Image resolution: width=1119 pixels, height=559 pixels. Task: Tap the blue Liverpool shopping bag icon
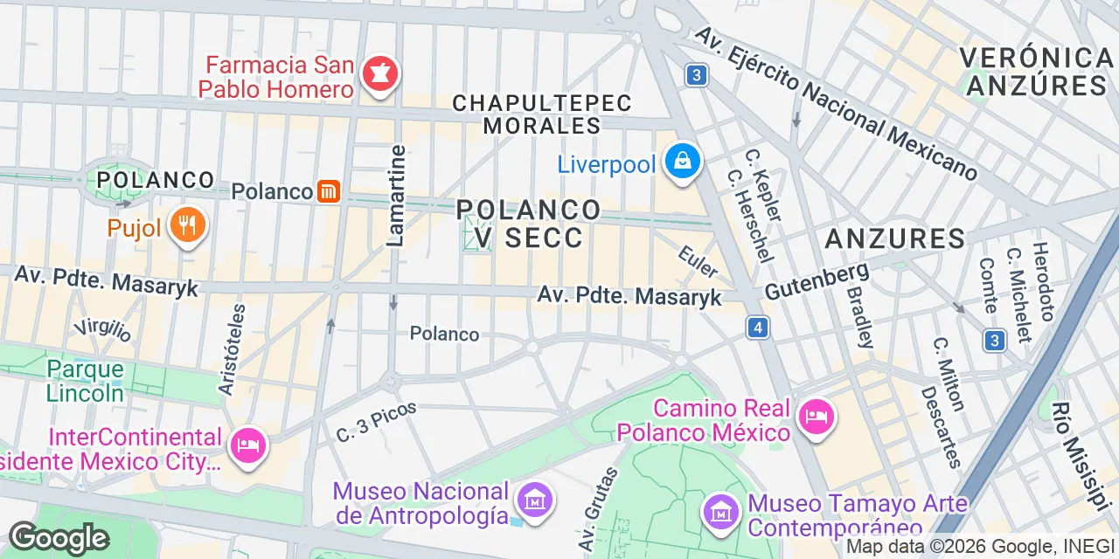coord(680,162)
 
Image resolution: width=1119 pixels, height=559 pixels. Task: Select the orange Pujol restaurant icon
coord(188,226)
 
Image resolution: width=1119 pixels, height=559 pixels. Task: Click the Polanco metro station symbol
coord(329,191)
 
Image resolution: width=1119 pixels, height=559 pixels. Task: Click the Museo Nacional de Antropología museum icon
coord(532,500)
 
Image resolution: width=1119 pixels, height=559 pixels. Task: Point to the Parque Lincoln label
coord(85,381)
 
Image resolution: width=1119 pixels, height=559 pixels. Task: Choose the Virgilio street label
coord(102,329)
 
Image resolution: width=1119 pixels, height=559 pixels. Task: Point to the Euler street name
coord(698,261)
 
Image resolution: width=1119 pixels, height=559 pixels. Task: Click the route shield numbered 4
coord(758,328)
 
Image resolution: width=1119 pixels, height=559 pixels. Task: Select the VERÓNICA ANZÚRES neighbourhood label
coord(1035,72)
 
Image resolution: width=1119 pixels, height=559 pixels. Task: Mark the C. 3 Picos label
coord(377,421)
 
